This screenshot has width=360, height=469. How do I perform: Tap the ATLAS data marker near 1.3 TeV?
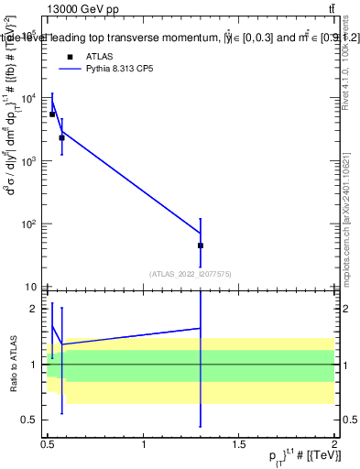pyautogui.click(x=200, y=245)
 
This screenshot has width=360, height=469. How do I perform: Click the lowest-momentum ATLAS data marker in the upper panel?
pyautogui.click(x=52, y=115)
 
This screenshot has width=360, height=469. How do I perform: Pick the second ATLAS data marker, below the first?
pyautogui.click(x=61, y=137)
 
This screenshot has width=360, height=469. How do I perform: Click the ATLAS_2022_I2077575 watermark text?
pyautogui.click(x=190, y=273)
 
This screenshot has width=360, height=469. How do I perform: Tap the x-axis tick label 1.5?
pyautogui.click(x=239, y=444)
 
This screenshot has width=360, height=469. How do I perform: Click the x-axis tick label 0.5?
pyautogui.click(x=48, y=444)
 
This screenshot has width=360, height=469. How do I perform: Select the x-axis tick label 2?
pyautogui.click(x=334, y=444)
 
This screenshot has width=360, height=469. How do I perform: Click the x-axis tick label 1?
pyautogui.click(x=144, y=444)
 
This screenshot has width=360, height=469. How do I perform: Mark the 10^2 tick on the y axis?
pyautogui.click(x=30, y=224)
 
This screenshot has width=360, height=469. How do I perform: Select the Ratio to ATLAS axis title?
pyautogui.click(x=12, y=365)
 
